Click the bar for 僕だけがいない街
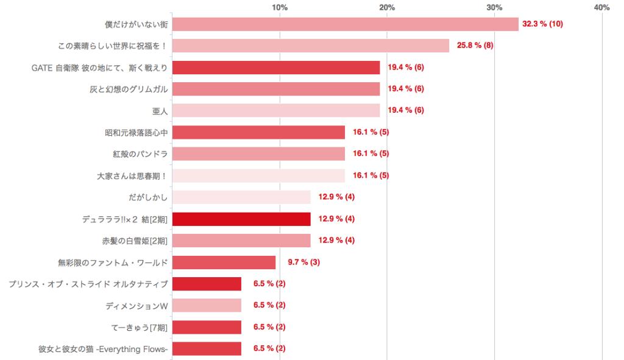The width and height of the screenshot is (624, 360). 345,24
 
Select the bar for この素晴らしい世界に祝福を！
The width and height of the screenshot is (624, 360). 310,46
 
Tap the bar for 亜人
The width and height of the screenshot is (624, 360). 275,110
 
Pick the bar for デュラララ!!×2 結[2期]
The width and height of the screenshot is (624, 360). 241,219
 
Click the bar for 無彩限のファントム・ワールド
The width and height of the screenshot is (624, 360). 224,262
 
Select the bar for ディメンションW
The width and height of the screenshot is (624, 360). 207,305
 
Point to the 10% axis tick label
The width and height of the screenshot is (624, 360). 280,7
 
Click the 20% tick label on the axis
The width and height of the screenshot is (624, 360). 387,7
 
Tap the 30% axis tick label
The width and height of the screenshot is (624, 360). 494,7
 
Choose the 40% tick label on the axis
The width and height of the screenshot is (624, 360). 601,7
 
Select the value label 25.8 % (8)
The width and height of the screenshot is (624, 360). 475,46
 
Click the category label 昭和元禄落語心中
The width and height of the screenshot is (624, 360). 136,132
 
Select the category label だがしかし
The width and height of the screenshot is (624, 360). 147,197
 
